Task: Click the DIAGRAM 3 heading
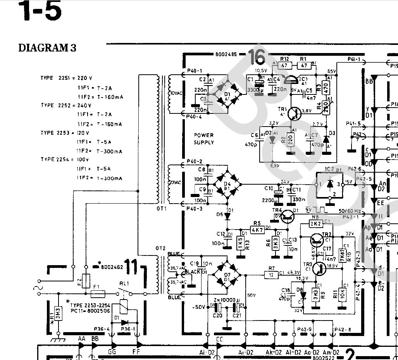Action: coord(47,48)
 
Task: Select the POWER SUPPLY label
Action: coord(204,139)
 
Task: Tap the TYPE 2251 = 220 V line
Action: coord(66,78)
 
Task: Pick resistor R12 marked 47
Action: coord(285,65)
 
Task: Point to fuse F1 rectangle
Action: coord(95,294)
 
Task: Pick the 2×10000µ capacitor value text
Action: coord(227,300)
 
